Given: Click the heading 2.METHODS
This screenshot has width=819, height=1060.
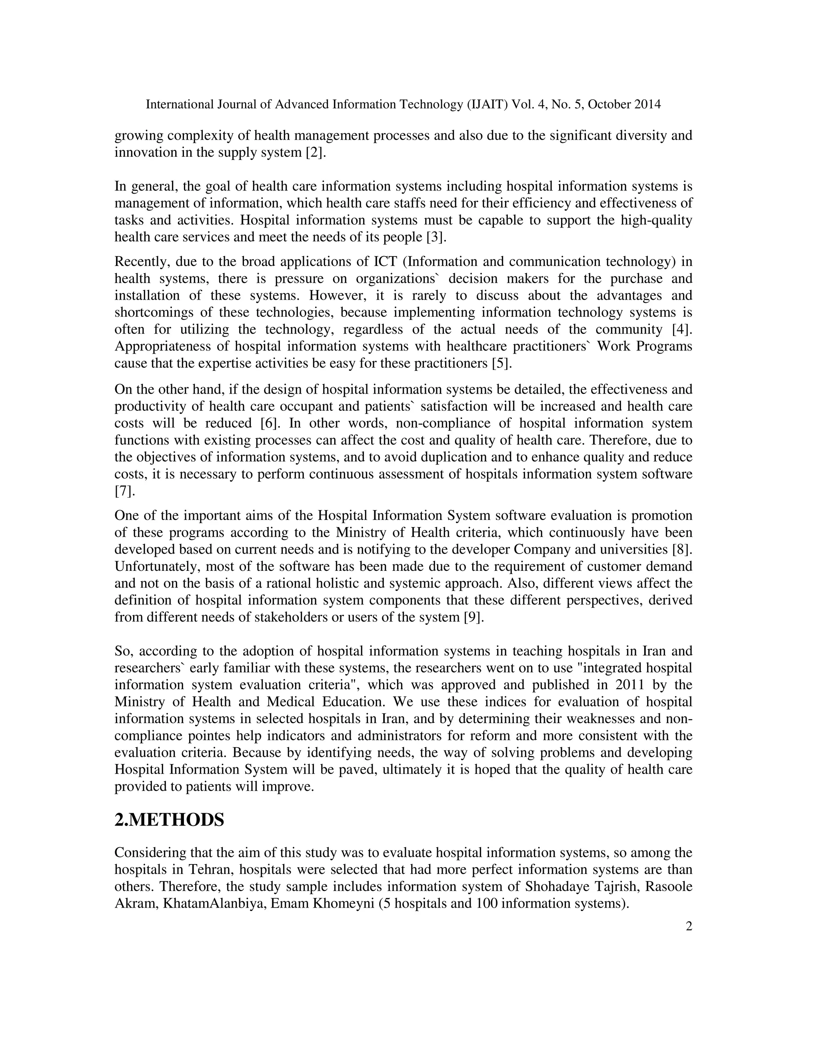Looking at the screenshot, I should coord(169,820).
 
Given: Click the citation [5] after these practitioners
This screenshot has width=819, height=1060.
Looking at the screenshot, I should coord(502,364).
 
